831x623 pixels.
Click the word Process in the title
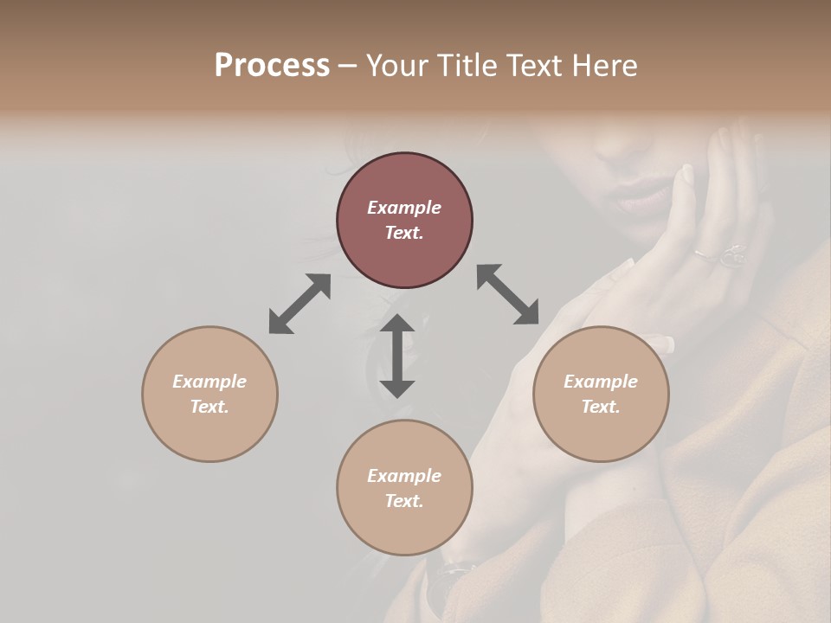272,66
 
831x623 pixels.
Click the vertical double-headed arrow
397,356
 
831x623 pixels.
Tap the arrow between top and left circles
300,304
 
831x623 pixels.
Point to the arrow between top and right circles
508,294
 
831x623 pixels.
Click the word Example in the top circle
404,208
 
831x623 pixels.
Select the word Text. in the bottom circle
404,501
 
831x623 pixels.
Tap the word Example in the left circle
209,382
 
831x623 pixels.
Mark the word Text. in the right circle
601,407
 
